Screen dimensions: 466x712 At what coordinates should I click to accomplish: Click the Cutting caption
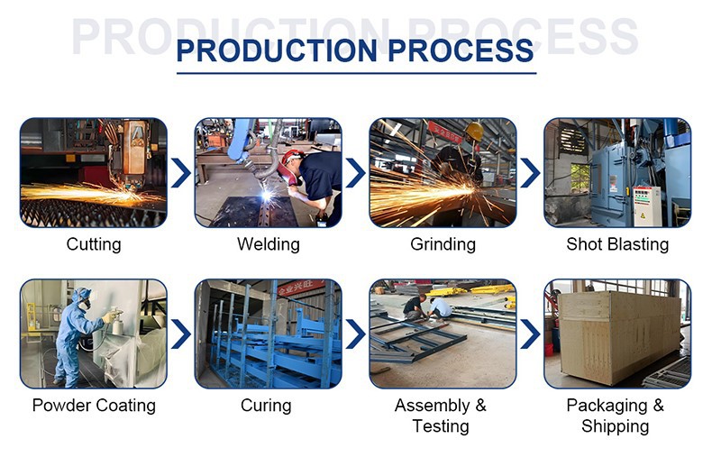point(94,244)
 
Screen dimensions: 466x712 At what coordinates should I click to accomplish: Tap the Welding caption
point(268,244)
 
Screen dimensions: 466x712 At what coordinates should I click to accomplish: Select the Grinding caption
point(443,244)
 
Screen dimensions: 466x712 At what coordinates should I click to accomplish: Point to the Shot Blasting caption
point(617,244)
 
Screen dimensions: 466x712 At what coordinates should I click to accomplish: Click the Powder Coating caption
point(94,406)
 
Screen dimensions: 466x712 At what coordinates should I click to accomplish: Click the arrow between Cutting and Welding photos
point(180,172)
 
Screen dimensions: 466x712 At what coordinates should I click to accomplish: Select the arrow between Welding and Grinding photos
point(355,172)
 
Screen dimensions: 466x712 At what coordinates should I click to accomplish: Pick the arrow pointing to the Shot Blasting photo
point(530,172)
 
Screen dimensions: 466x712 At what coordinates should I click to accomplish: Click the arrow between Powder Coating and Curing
point(180,334)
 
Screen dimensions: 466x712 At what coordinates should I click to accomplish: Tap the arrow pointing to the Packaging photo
point(530,334)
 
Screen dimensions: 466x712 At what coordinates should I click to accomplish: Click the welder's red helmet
point(289,162)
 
